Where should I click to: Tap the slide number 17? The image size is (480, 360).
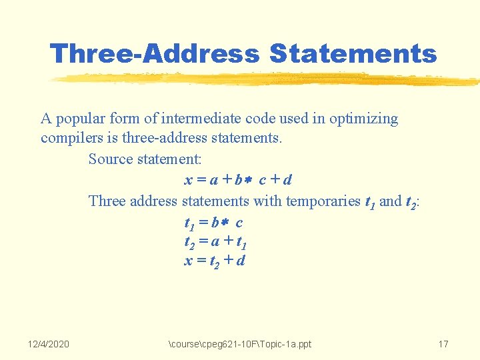443,344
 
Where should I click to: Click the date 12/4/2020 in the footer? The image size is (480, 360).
48,344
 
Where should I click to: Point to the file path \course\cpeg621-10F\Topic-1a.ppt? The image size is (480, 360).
240,344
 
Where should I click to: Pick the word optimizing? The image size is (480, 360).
363,119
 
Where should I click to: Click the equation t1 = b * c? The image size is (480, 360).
213,221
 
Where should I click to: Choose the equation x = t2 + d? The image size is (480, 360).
214,261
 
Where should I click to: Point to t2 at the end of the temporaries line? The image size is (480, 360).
412,201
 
